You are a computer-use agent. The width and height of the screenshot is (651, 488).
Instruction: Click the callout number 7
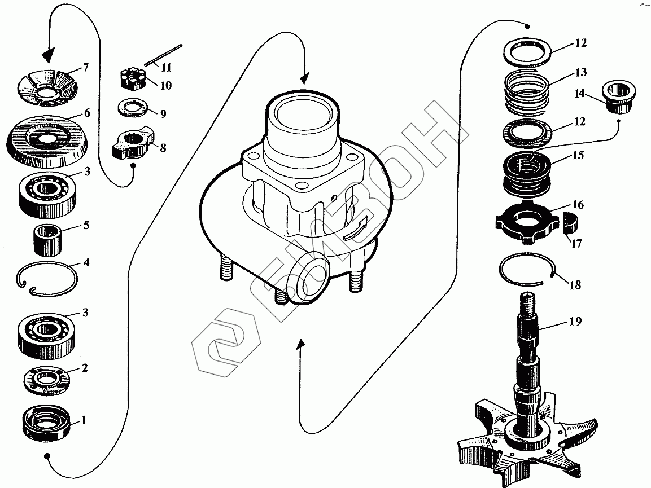[x=85, y=68]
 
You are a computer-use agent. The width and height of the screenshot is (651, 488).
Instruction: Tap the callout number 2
[x=85, y=368]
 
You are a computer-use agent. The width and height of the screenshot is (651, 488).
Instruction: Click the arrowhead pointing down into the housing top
[x=305, y=78]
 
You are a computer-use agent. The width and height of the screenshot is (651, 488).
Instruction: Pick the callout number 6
[x=86, y=113]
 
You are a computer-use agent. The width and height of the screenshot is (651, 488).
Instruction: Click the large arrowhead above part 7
[x=49, y=55]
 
